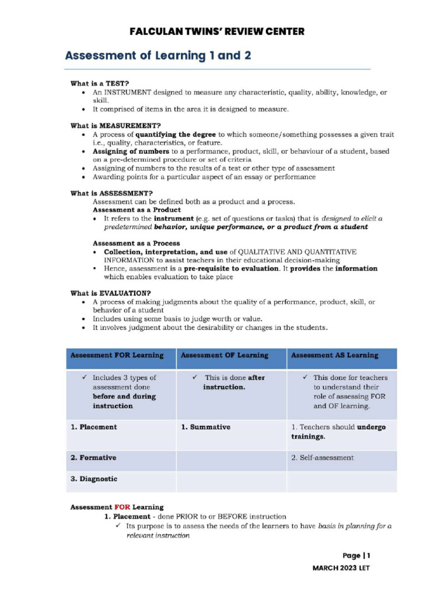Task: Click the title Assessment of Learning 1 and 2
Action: click(x=158, y=56)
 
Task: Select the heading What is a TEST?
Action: click(x=100, y=83)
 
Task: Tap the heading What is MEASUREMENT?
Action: click(x=116, y=125)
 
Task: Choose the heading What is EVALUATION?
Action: click(x=111, y=293)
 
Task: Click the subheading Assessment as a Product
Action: click(x=136, y=210)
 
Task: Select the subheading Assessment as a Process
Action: click(x=136, y=243)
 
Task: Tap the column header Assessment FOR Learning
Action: click(x=117, y=355)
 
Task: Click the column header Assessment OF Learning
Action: click(x=225, y=355)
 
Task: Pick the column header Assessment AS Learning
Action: click(x=334, y=355)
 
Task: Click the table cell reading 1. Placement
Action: click(x=94, y=427)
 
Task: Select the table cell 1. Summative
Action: click(x=206, y=427)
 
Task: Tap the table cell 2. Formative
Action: click(x=93, y=458)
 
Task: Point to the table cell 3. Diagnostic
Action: click(x=94, y=479)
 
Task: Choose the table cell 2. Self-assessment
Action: click(x=322, y=458)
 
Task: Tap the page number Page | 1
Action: click(x=356, y=556)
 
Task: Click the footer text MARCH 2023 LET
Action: click(x=341, y=568)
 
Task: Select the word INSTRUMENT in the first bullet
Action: click(x=128, y=93)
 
